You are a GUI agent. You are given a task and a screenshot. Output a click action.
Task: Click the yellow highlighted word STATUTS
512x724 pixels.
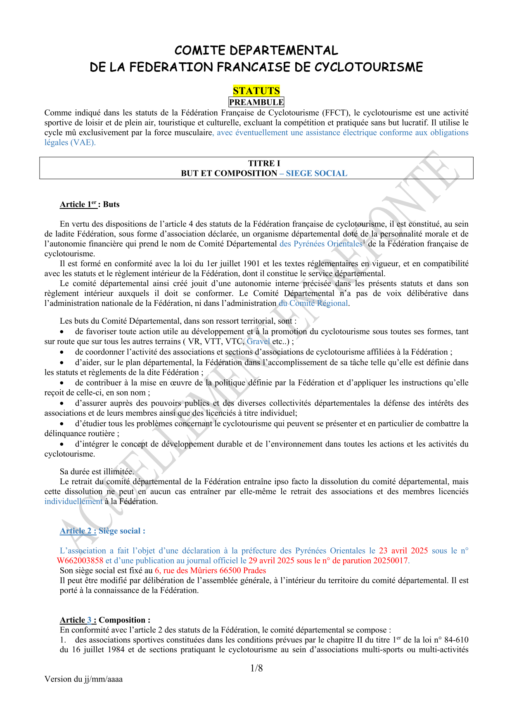point(256,91)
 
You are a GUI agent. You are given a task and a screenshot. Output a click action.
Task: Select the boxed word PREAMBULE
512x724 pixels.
point(256,102)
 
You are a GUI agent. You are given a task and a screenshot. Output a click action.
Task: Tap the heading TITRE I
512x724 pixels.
point(264,163)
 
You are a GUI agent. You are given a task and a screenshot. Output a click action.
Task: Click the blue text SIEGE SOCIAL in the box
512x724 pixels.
point(316,173)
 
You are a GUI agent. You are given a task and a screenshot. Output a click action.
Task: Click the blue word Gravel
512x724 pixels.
point(258,341)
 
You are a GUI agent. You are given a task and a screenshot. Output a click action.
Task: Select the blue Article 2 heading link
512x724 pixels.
point(78,531)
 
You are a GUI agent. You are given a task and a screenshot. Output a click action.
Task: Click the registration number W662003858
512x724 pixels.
point(80,561)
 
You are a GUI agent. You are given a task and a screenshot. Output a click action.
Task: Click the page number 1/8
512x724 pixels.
point(256,668)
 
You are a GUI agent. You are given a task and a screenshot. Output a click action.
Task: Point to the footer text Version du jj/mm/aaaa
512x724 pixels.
point(83,679)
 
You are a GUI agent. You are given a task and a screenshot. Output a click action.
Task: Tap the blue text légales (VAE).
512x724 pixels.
point(70,142)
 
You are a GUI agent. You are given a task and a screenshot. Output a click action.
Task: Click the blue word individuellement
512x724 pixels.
point(73,502)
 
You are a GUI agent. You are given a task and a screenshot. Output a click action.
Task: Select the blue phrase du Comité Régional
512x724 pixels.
point(313,303)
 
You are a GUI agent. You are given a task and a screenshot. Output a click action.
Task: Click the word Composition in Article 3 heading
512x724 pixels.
point(122,620)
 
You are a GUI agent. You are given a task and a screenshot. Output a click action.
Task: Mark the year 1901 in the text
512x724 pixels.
point(251,264)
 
